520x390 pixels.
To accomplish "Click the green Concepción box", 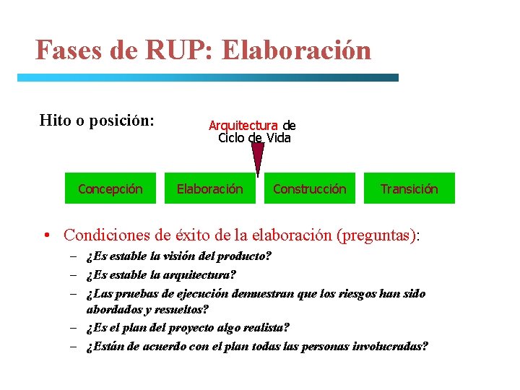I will coord(110,188).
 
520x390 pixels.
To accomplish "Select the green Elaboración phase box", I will coord(210,188).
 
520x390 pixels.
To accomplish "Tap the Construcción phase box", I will coord(309,188).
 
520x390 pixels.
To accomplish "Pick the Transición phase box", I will coord(409,188).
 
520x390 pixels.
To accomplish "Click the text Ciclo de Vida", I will coord(254,138).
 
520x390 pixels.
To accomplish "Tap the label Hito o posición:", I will coord(97,120).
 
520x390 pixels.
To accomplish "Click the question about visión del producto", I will coord(178,256).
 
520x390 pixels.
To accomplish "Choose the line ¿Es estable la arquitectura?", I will coord(160,275).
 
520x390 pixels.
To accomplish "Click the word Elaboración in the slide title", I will coord(297,51).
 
